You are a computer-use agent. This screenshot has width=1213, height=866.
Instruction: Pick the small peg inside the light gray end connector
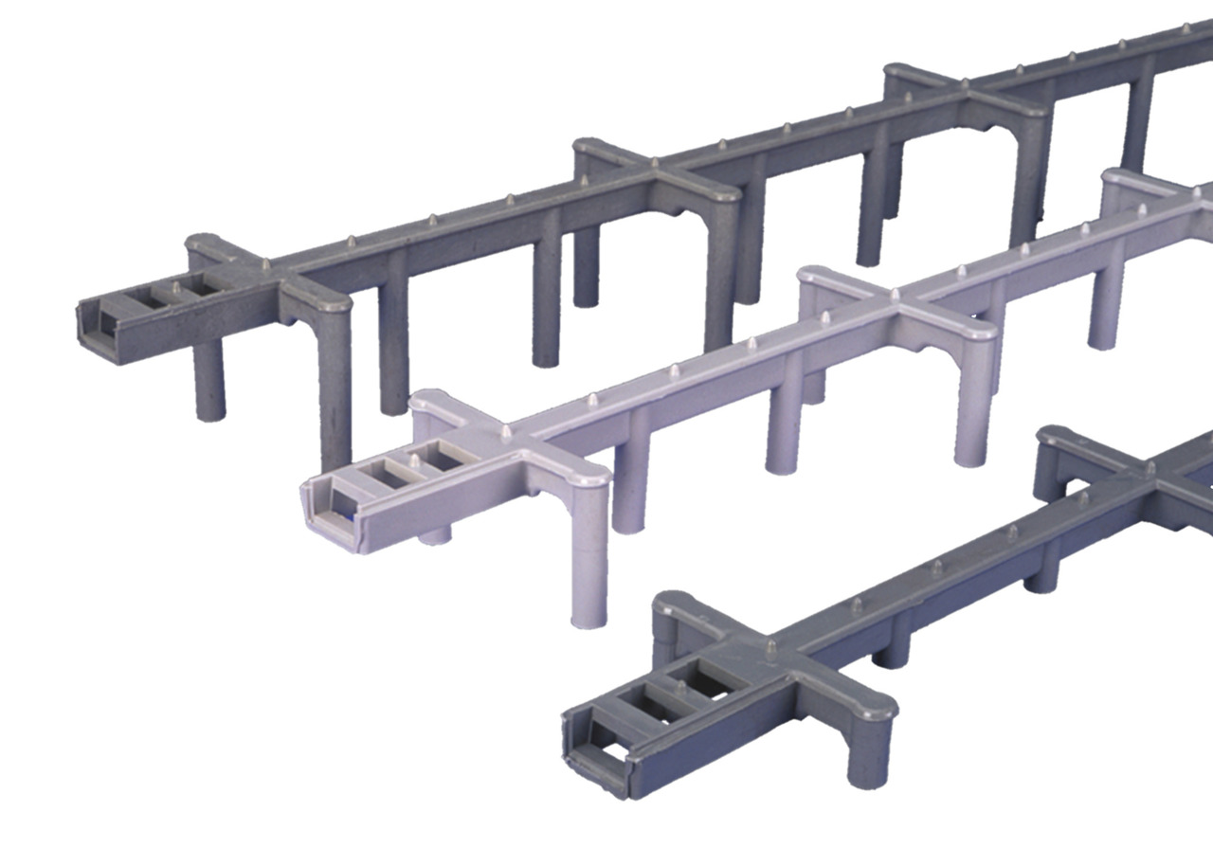click(x=414, y=461)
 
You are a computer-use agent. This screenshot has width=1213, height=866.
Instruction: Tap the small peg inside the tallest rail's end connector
click(x=176, y=285)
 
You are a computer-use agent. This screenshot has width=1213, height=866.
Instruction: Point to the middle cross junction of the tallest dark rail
click(x=656, y=171)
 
